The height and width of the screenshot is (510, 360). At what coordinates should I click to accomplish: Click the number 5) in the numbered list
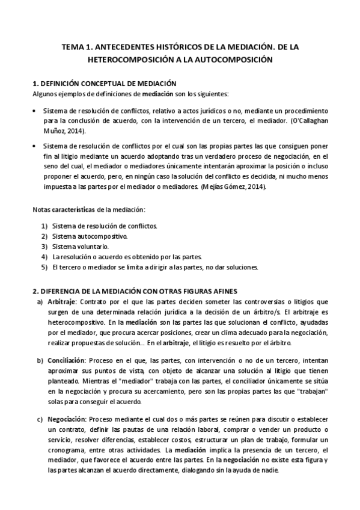point(44,266)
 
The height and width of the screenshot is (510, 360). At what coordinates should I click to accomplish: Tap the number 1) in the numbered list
point(44,226)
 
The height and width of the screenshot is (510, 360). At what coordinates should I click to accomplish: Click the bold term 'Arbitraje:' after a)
point(63,301)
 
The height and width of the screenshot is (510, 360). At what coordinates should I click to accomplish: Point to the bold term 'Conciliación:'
point(67,360)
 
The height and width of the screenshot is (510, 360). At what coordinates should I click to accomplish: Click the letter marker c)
point(40,419)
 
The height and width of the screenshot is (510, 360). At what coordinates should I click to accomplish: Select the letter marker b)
point(40,360)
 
